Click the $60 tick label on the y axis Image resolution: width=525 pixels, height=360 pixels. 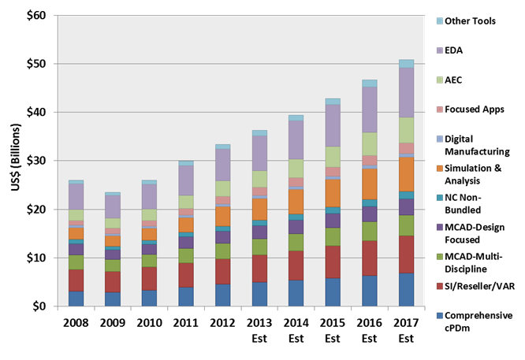coord(35,16)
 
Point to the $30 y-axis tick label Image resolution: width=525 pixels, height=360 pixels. coord(35,161)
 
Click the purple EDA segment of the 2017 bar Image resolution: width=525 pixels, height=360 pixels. coord(406,92)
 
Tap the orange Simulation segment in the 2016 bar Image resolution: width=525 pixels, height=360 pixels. coord(369,184)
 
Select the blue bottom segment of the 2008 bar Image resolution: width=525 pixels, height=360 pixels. coord(76,299)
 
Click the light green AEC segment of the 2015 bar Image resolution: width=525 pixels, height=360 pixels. coord(333,157)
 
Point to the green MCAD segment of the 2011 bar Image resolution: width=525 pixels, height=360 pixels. coord(185,255)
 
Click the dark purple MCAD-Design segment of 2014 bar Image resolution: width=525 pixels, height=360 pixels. coord(296,227)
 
